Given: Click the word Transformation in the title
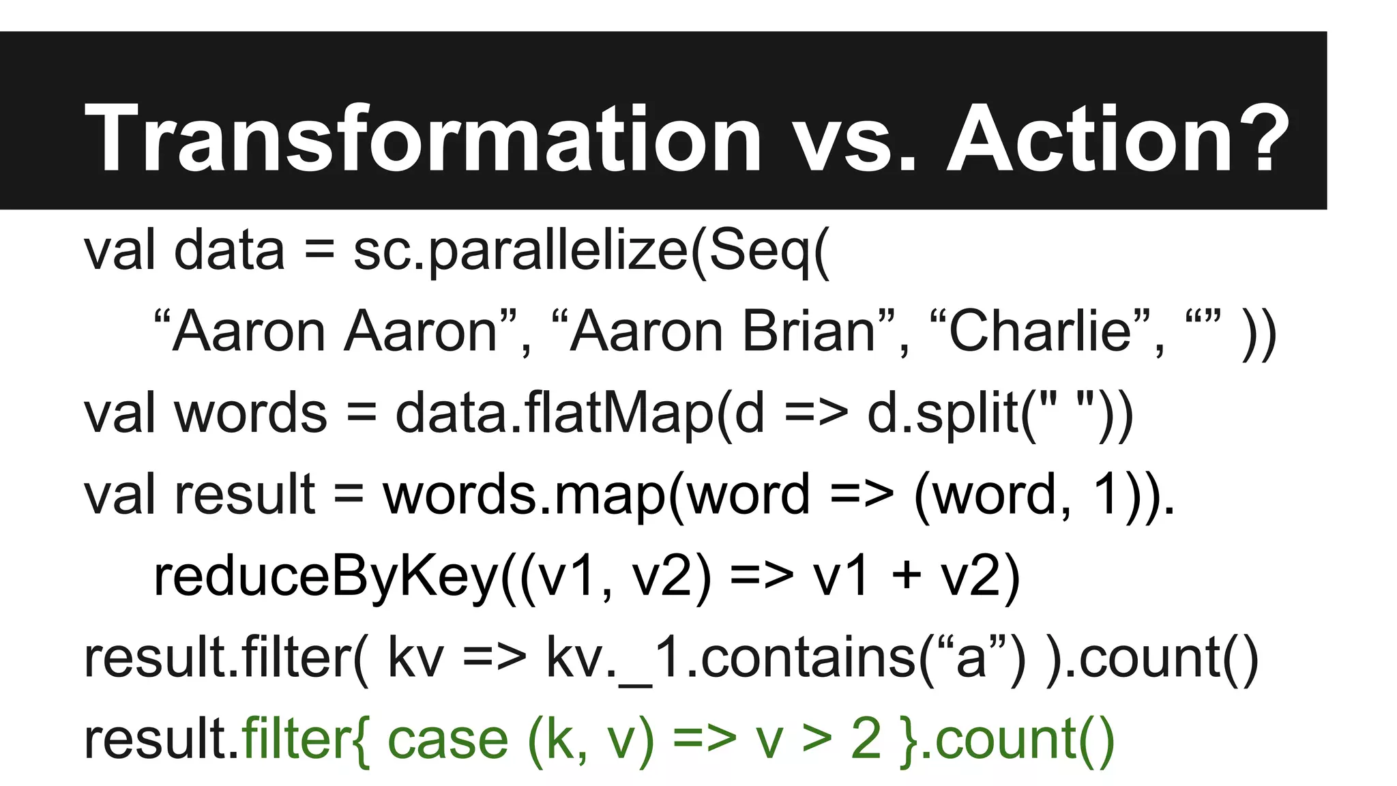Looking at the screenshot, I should click(422, 139).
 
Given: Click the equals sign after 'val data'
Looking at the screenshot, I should click(319, 251).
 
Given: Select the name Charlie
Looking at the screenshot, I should click(1040, 332).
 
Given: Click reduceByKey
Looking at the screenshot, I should click(326, 577).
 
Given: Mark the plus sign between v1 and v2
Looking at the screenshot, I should click(907, 577).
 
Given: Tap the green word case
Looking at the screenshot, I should click(447, 740).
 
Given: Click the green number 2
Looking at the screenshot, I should click(866, 740).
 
